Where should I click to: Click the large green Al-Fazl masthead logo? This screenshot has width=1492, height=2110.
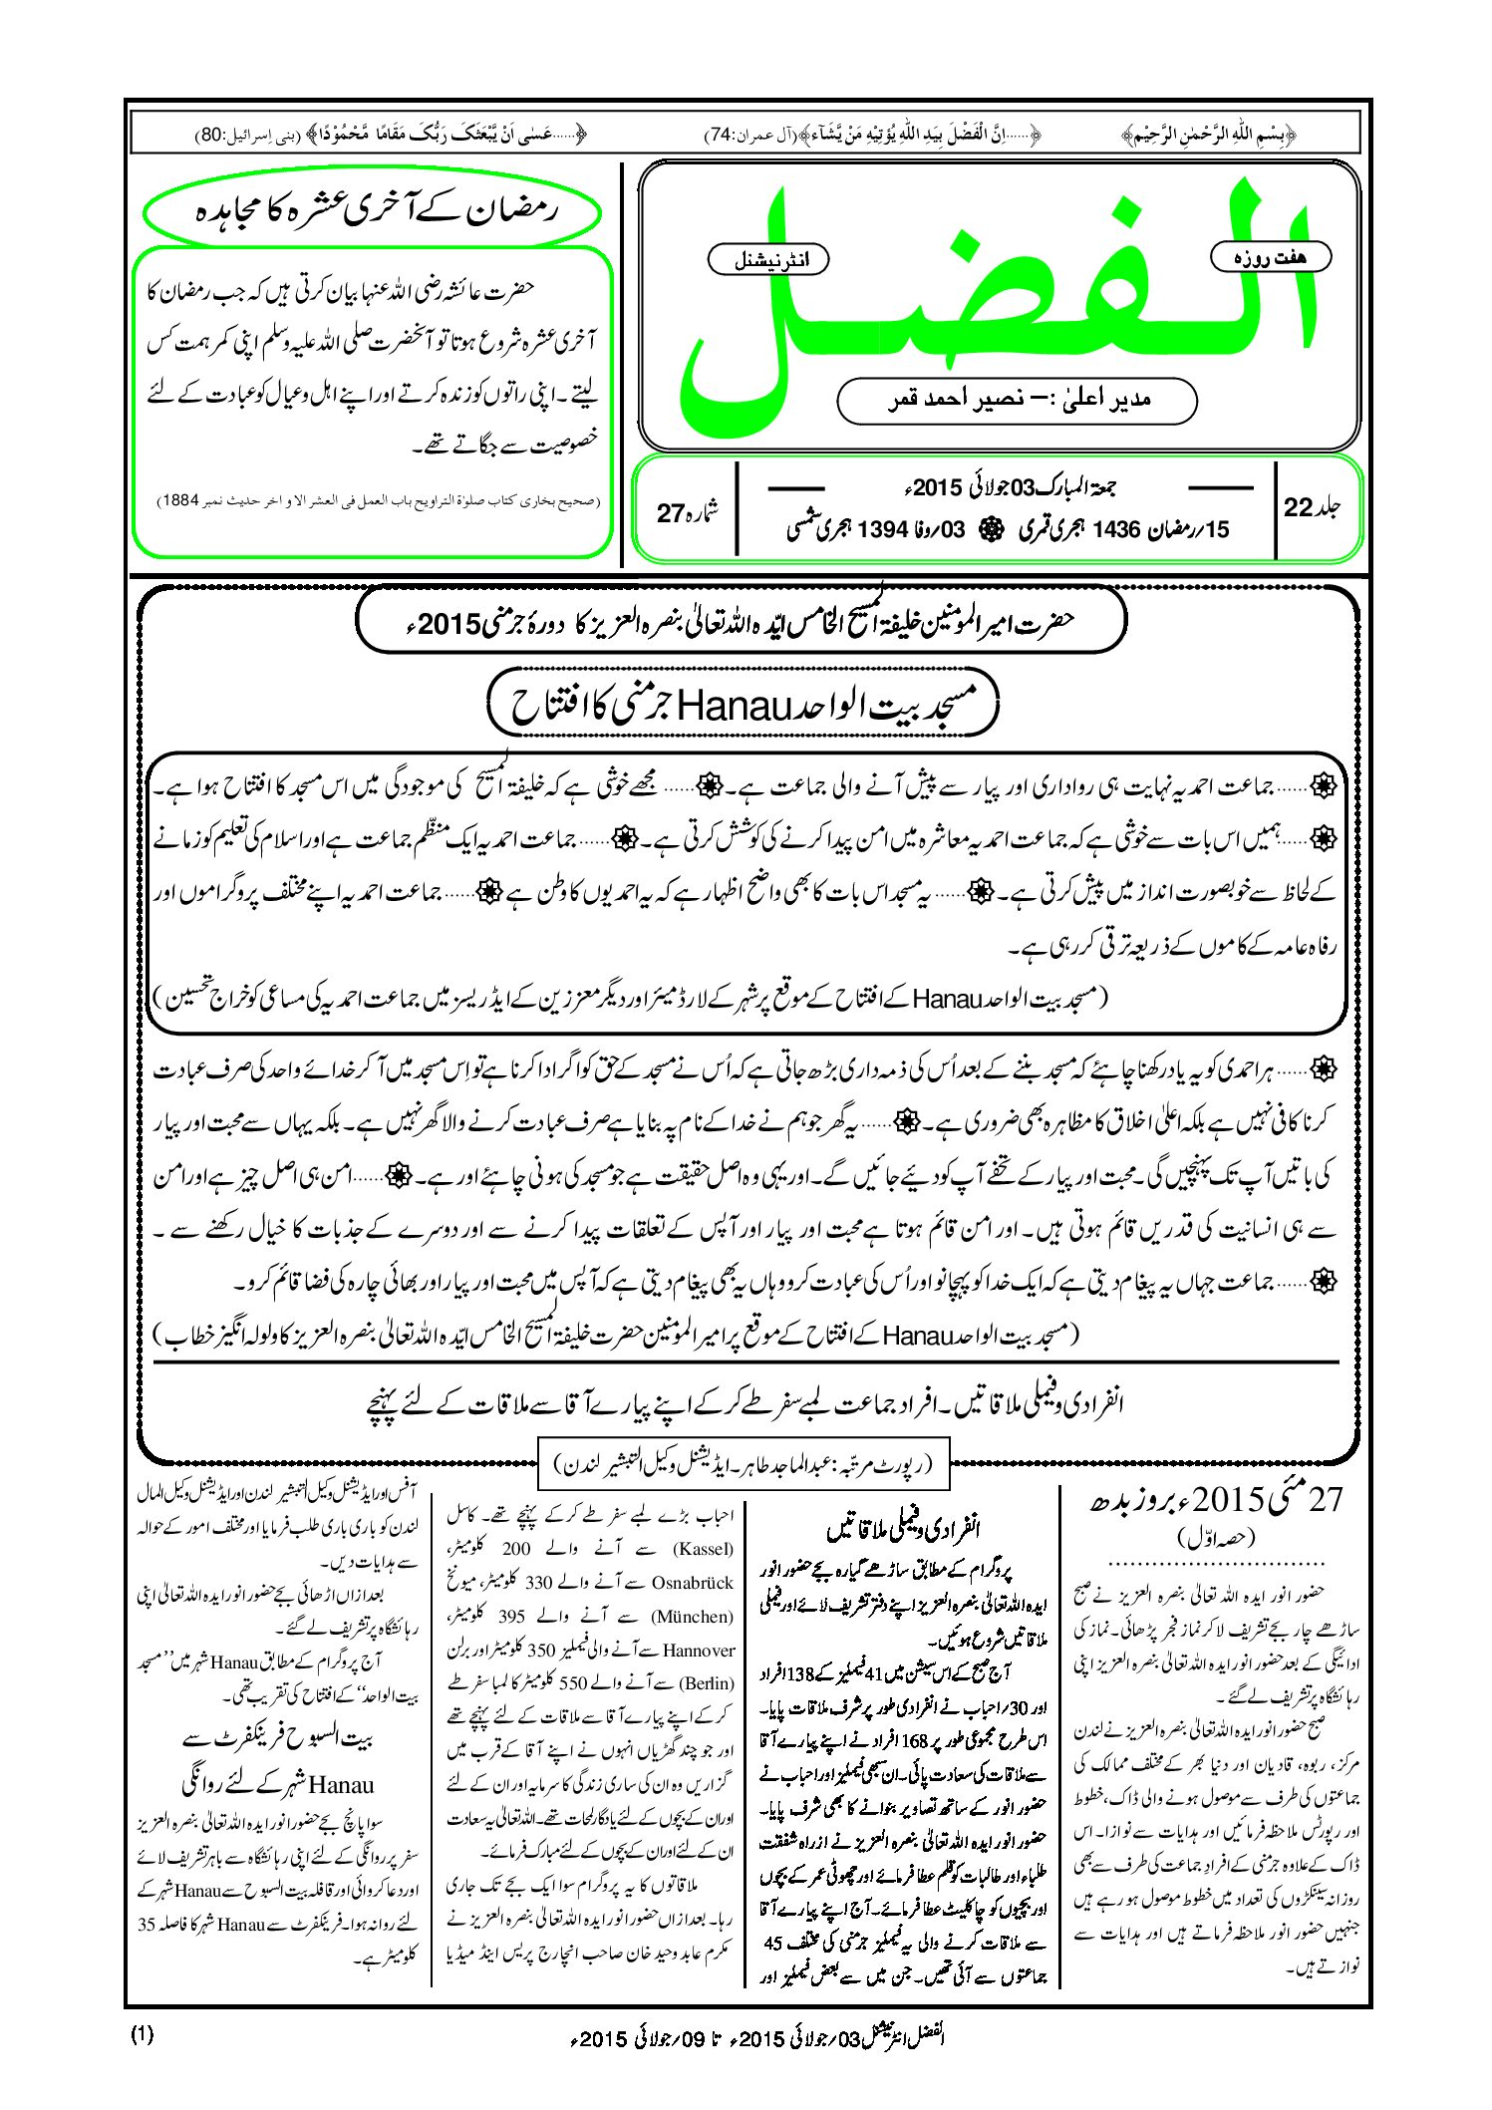pyautogui.click(x=997, y=299)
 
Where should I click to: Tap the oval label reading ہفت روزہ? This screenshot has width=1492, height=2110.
pyautogui.click(x=1270, y=257)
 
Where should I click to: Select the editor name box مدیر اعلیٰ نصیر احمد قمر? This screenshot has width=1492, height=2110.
pyautogui.click(x=1017, y=400)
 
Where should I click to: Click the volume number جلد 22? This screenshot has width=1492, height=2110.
pyautogui.click(x=1312, y=507)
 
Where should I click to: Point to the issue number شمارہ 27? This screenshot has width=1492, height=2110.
pyautogui.click(x=688, y=512)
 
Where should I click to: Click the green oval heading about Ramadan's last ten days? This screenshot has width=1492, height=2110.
pyautogui.click(x=372, y=211)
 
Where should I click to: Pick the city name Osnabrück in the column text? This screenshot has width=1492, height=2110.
pyautogui.click(x=692, y=1582)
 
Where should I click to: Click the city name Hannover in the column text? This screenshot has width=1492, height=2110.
pyautogui.click(x=699, y=1650)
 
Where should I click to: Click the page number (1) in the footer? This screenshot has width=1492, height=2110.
pyautogui.click(x=143, y=2034)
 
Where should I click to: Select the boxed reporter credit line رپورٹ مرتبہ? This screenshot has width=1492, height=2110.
pyautogui.click(x=744, y=1463)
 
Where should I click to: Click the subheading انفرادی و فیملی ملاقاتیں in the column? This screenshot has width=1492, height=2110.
pyautogui.click(x=903, y=1527)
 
